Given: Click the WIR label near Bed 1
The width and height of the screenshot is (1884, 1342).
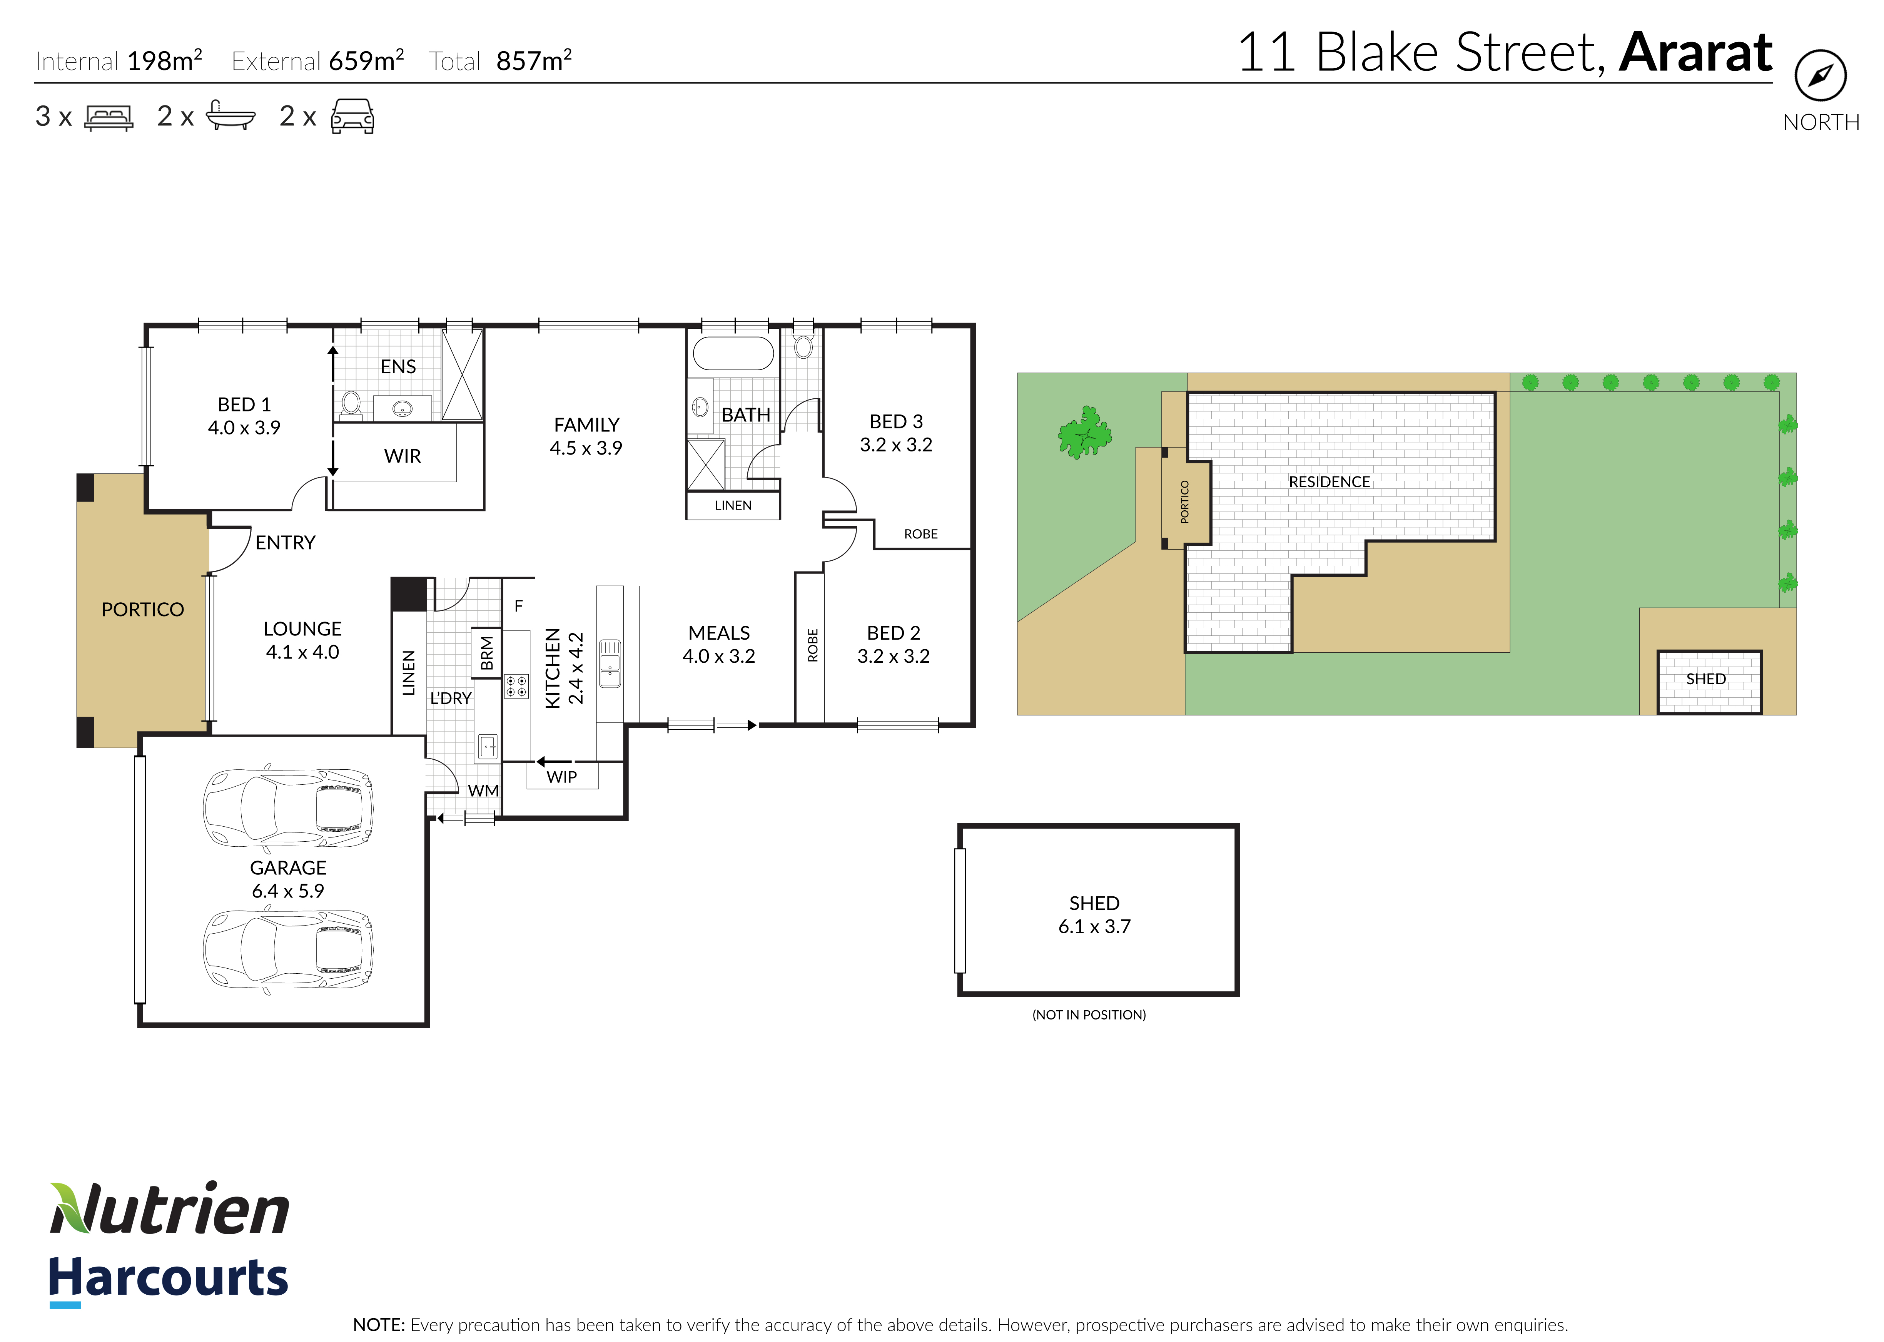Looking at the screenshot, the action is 403,456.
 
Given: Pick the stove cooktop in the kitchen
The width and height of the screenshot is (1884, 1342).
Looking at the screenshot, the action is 516,686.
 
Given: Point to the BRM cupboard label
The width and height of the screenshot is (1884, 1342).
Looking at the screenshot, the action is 487,653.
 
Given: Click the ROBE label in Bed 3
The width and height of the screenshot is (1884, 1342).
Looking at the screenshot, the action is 920,534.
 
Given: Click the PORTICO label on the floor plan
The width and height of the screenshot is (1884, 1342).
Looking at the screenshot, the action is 142,610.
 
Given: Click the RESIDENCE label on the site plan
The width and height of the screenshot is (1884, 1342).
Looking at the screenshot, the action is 1329,482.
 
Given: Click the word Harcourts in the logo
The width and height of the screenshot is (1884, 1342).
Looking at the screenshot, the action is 169,1278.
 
